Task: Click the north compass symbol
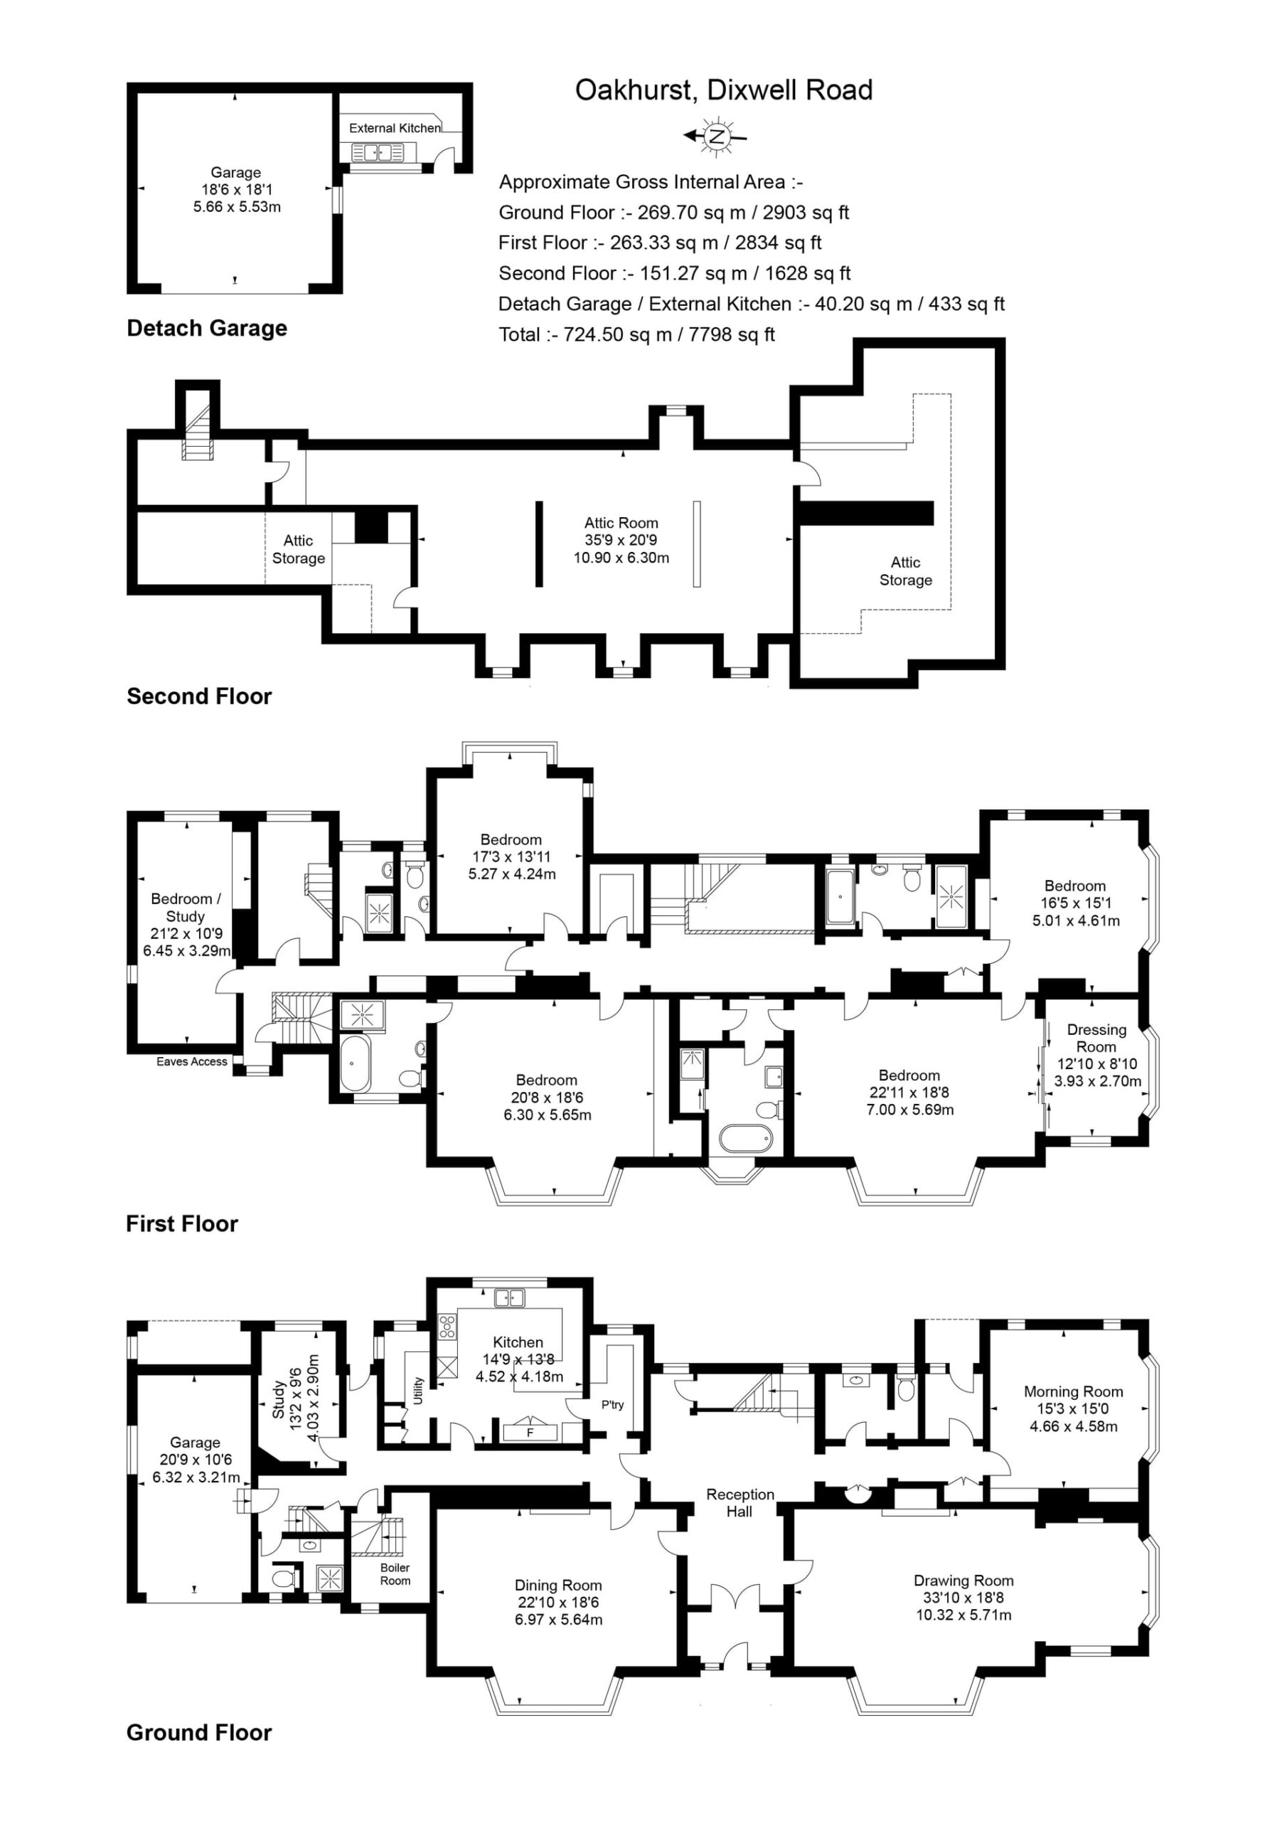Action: [x=717, y=136]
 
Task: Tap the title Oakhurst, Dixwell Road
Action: [x=724, y=90]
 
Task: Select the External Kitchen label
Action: [x=395, y=128]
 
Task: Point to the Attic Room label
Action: [x=621, y=523]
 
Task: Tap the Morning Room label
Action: [x=1074, y=1391]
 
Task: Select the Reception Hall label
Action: [x=739, y=1503]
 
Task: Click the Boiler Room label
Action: [x=395, y=1574]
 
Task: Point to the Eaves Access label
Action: [x=192, y=1062]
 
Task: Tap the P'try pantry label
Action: [x=612, y=1405]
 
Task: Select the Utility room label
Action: [x=418, y=1391]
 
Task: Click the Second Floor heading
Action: [x=199, y=696]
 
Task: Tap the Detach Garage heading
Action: [x=207, y=329]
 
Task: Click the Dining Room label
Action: [x=558, y=1585]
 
